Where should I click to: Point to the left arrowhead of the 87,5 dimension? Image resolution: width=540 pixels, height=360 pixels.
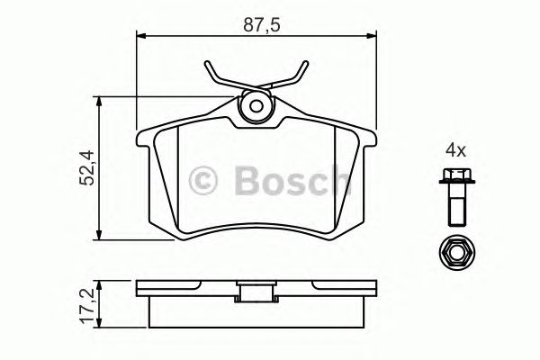point(140,36)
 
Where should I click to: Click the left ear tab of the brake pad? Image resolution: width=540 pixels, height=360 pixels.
point(143,139)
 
